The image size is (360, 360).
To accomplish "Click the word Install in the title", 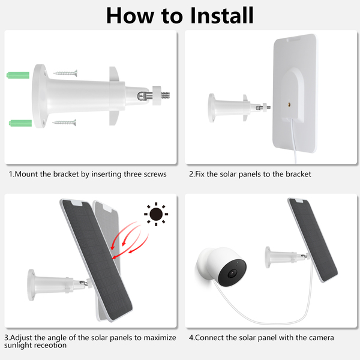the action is (222, 16).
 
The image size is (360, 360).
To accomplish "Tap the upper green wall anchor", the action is (18, 75).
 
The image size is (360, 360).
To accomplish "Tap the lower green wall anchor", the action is (20, 123).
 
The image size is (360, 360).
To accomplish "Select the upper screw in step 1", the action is (65, 73).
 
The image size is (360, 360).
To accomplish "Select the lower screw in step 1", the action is (65, 122).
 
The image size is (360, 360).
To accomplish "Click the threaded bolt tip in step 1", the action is (166, 95).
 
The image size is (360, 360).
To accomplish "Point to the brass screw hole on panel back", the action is (289, 104).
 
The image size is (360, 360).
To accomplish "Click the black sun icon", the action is (156, 214).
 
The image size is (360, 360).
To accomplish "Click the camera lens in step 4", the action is (232, 273).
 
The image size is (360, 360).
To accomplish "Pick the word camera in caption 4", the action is (322, 338).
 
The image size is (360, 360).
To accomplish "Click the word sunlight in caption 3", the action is (18, 346).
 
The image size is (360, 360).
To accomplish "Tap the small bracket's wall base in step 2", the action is (211, 107).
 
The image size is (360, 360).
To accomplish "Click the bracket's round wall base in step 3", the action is (31, 285).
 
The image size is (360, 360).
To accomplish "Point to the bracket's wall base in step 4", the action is (268, 257).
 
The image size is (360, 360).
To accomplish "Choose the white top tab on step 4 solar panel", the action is (299, 200).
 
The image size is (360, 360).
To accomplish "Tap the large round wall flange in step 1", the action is (40, 96).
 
